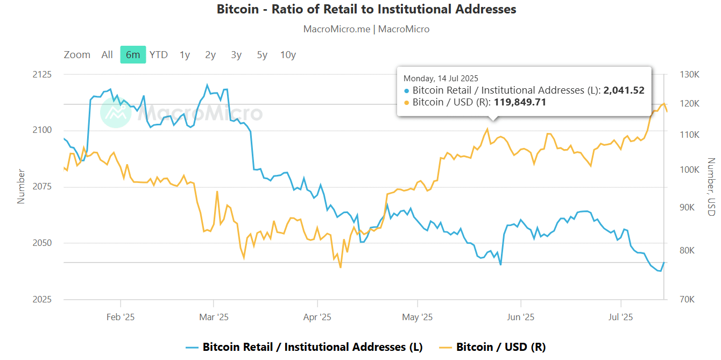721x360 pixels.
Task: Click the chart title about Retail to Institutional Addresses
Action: coord(366,9)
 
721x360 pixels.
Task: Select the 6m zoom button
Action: coord(133,54)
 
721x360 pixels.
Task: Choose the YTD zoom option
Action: coord(159,54)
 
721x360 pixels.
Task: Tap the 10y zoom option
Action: coord(288,54)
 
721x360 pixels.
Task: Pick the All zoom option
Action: coord(107,54)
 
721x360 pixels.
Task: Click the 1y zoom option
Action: coord(185,54)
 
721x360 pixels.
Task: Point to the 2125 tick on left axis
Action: coord(41,74)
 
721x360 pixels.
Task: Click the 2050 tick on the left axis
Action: coord(41,243)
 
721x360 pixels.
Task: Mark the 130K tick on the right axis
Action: coord(689,74)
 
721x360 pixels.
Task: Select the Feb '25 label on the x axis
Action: coord(121,317)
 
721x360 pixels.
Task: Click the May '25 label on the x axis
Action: coord(418,317)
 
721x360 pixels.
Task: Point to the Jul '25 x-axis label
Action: coord(621,317)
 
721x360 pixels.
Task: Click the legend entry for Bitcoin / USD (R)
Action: coord(500,347)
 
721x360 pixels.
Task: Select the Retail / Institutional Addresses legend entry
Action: coord(312,347)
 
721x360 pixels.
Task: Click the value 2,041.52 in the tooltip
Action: coord(624,90)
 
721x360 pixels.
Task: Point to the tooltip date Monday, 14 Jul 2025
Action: coord(441,79)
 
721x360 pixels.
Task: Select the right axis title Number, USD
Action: coord(711,187)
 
